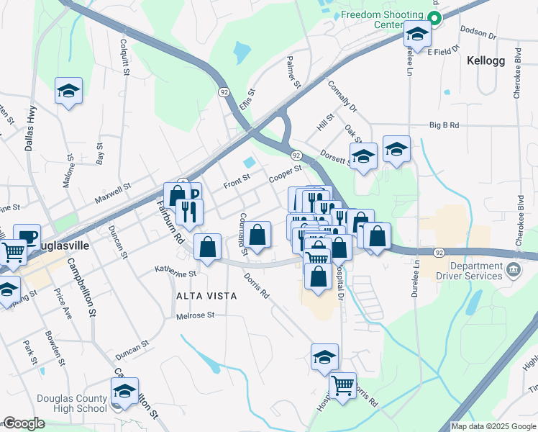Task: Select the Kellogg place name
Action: tap(488, 60)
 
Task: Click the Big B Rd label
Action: tap(444, 125)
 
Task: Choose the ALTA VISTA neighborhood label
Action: tap(199, 295)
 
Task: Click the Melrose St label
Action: tap(196, 315)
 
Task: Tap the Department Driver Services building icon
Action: tap(513, 270)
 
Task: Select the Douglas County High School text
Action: tap(71, 404)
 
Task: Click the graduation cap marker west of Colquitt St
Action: tap(68, 91)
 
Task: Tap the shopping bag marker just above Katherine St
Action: tap(208, 248)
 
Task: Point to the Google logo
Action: tap(23, 423)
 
